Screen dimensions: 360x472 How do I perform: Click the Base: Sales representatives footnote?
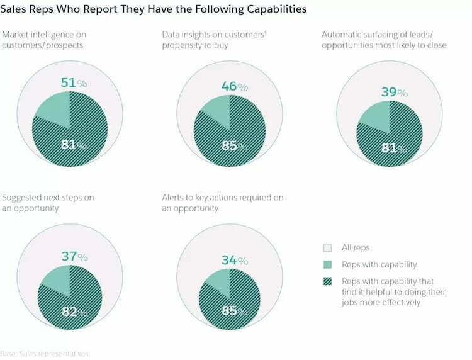44,354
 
